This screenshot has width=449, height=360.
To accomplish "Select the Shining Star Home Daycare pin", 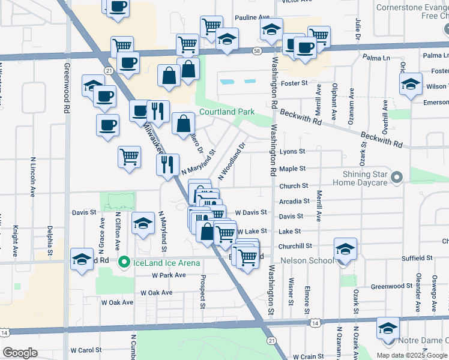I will (x=396, y=177).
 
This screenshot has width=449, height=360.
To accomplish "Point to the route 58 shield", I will (x=256, y=52).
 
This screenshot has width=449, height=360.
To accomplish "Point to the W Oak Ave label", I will (x=156, y=293).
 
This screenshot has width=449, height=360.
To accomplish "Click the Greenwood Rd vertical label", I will (x=65, y=89).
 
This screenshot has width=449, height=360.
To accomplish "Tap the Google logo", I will (x=20, y=353).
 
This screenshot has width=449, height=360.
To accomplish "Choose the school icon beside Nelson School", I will (x=345, y=248).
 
